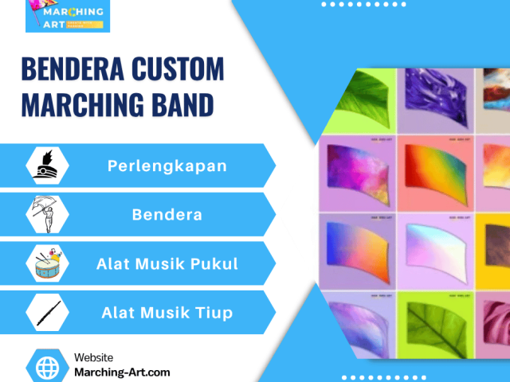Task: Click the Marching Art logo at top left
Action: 68,16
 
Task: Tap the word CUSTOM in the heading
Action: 178,70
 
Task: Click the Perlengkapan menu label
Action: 167,166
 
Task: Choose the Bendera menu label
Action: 167,214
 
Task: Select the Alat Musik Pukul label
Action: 167,263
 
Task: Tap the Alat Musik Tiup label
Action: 167,313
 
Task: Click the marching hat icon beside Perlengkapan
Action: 48,166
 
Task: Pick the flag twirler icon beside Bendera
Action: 48,214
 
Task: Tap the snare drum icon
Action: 48,263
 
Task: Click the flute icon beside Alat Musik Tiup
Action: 48,313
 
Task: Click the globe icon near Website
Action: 48,366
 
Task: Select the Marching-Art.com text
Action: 121,372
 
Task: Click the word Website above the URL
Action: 93,358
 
